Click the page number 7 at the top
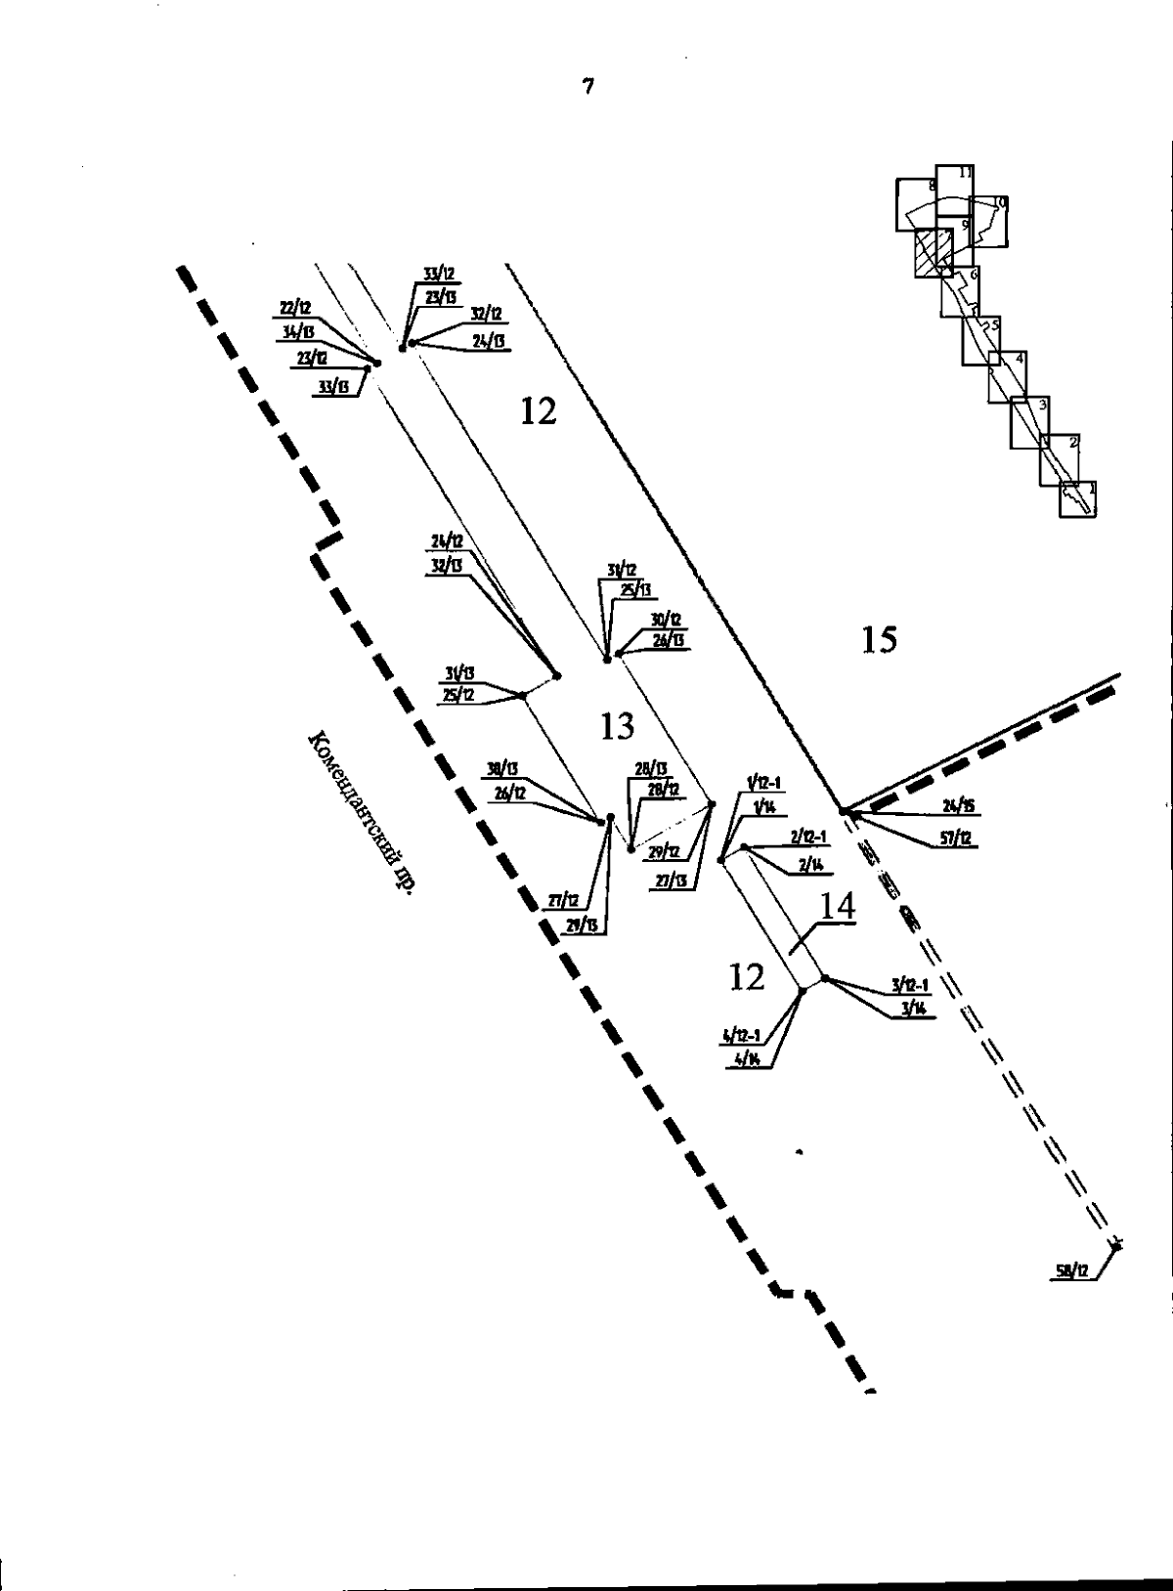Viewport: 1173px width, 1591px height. point(587,87)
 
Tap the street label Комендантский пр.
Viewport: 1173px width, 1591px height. point(360,811)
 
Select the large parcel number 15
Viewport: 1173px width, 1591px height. point(879,640)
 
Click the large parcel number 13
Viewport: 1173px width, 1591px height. point(617,726)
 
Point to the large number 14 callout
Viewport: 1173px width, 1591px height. point(836,906)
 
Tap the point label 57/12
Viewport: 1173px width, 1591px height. point(953,838)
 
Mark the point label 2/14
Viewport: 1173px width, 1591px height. point(810,864)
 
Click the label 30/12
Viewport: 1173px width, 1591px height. point(666,620)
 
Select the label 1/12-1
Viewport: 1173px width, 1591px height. point(761,783)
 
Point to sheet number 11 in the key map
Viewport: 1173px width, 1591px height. point(965,173)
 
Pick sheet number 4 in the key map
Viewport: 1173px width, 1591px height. point(1020,359)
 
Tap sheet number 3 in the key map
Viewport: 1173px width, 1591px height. point(1043,405)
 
